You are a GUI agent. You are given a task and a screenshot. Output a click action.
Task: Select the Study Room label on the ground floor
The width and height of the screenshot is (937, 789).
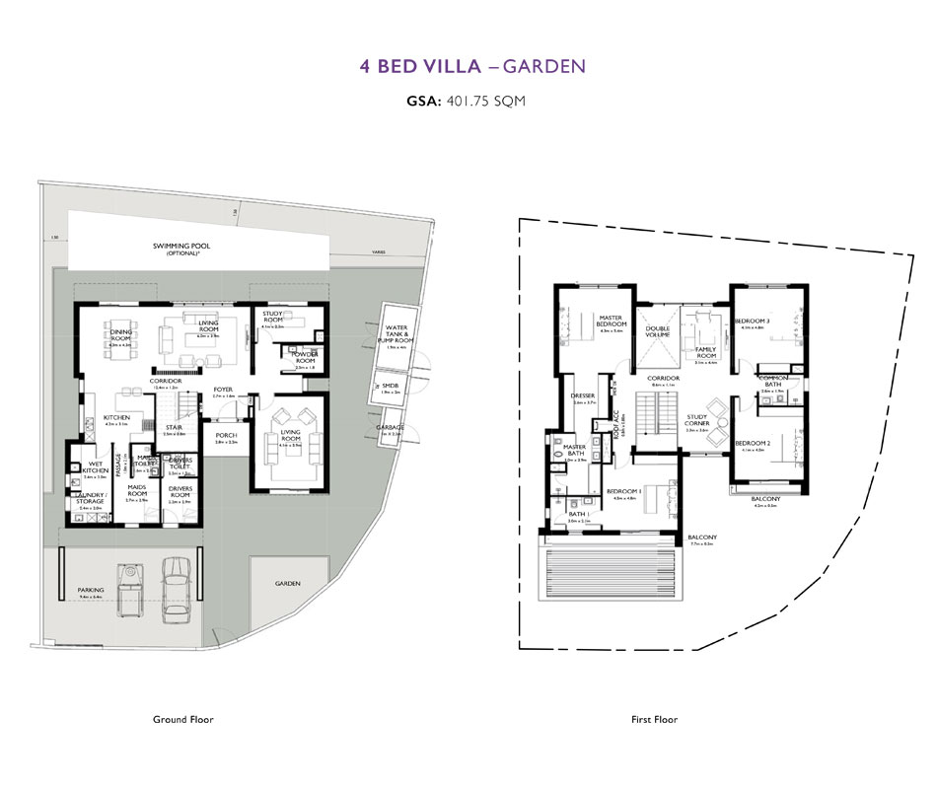272,317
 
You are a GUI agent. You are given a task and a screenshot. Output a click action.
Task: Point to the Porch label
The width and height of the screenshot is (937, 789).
226,435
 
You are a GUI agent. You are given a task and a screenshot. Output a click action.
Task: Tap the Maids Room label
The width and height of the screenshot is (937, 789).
136,490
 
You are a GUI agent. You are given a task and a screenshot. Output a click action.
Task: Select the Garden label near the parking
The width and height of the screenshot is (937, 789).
289,583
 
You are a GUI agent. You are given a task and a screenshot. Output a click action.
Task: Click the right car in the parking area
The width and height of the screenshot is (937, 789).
176,589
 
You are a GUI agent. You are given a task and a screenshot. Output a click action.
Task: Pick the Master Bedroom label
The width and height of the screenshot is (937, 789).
612,321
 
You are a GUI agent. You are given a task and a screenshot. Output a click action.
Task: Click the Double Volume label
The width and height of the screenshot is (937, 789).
658,332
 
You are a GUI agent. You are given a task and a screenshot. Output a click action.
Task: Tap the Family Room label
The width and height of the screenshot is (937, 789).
705,353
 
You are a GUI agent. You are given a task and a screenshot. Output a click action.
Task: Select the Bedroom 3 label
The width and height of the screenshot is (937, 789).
753,321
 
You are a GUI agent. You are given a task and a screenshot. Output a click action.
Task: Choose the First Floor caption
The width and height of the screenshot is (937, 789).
654,720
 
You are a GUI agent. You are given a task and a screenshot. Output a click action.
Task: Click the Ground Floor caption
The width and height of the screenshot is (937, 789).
182,720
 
